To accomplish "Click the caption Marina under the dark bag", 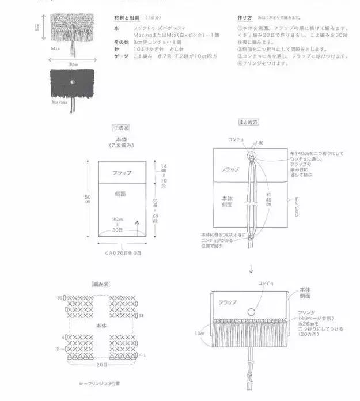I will [x=60, y=101].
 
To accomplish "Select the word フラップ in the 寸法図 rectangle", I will [x=122, y=173].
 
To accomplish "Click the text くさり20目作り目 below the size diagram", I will [x=122, y=254].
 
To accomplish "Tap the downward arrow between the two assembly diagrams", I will [x=251, y=268].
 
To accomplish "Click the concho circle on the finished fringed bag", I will [x=251, y=312].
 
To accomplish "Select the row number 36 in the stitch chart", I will [x=60, y=297].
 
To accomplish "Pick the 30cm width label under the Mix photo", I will [x=73, y=65].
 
